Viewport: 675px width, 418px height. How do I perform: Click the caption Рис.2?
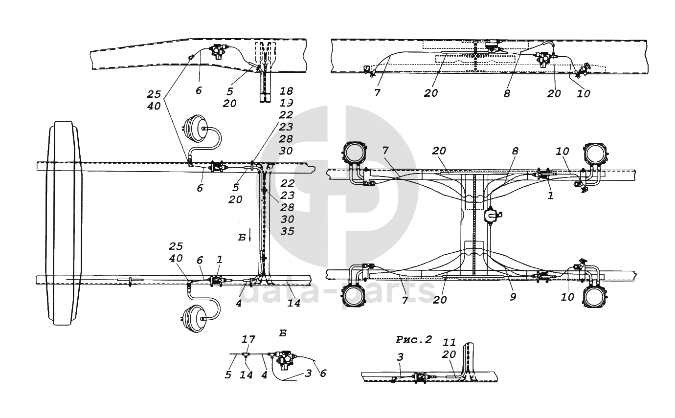click(413, 339)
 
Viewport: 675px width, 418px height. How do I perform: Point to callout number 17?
click(248, 339)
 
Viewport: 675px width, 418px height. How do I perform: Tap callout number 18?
click(287, 91)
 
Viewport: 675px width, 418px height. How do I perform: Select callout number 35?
click(288, 231)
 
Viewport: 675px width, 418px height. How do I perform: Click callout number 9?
click(513, 297)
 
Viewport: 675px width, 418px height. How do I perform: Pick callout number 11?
click(450, 342)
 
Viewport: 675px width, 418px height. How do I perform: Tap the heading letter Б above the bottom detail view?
click(283, 333)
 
